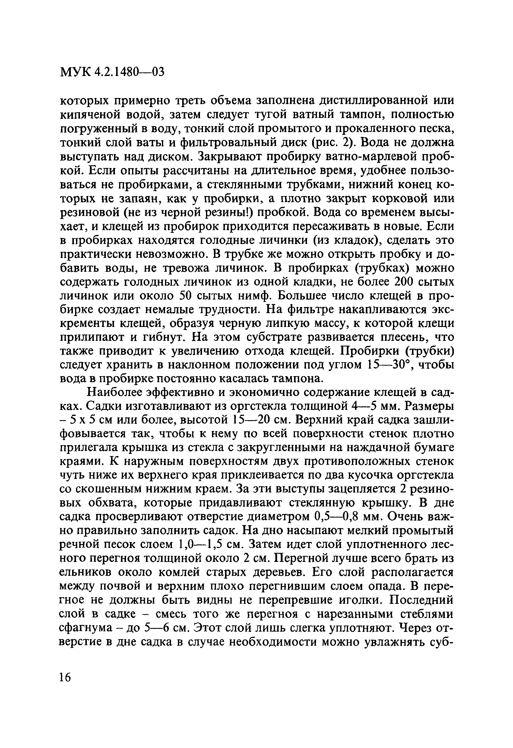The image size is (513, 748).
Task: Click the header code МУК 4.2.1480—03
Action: pyautogui.click(x=112, y=72)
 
